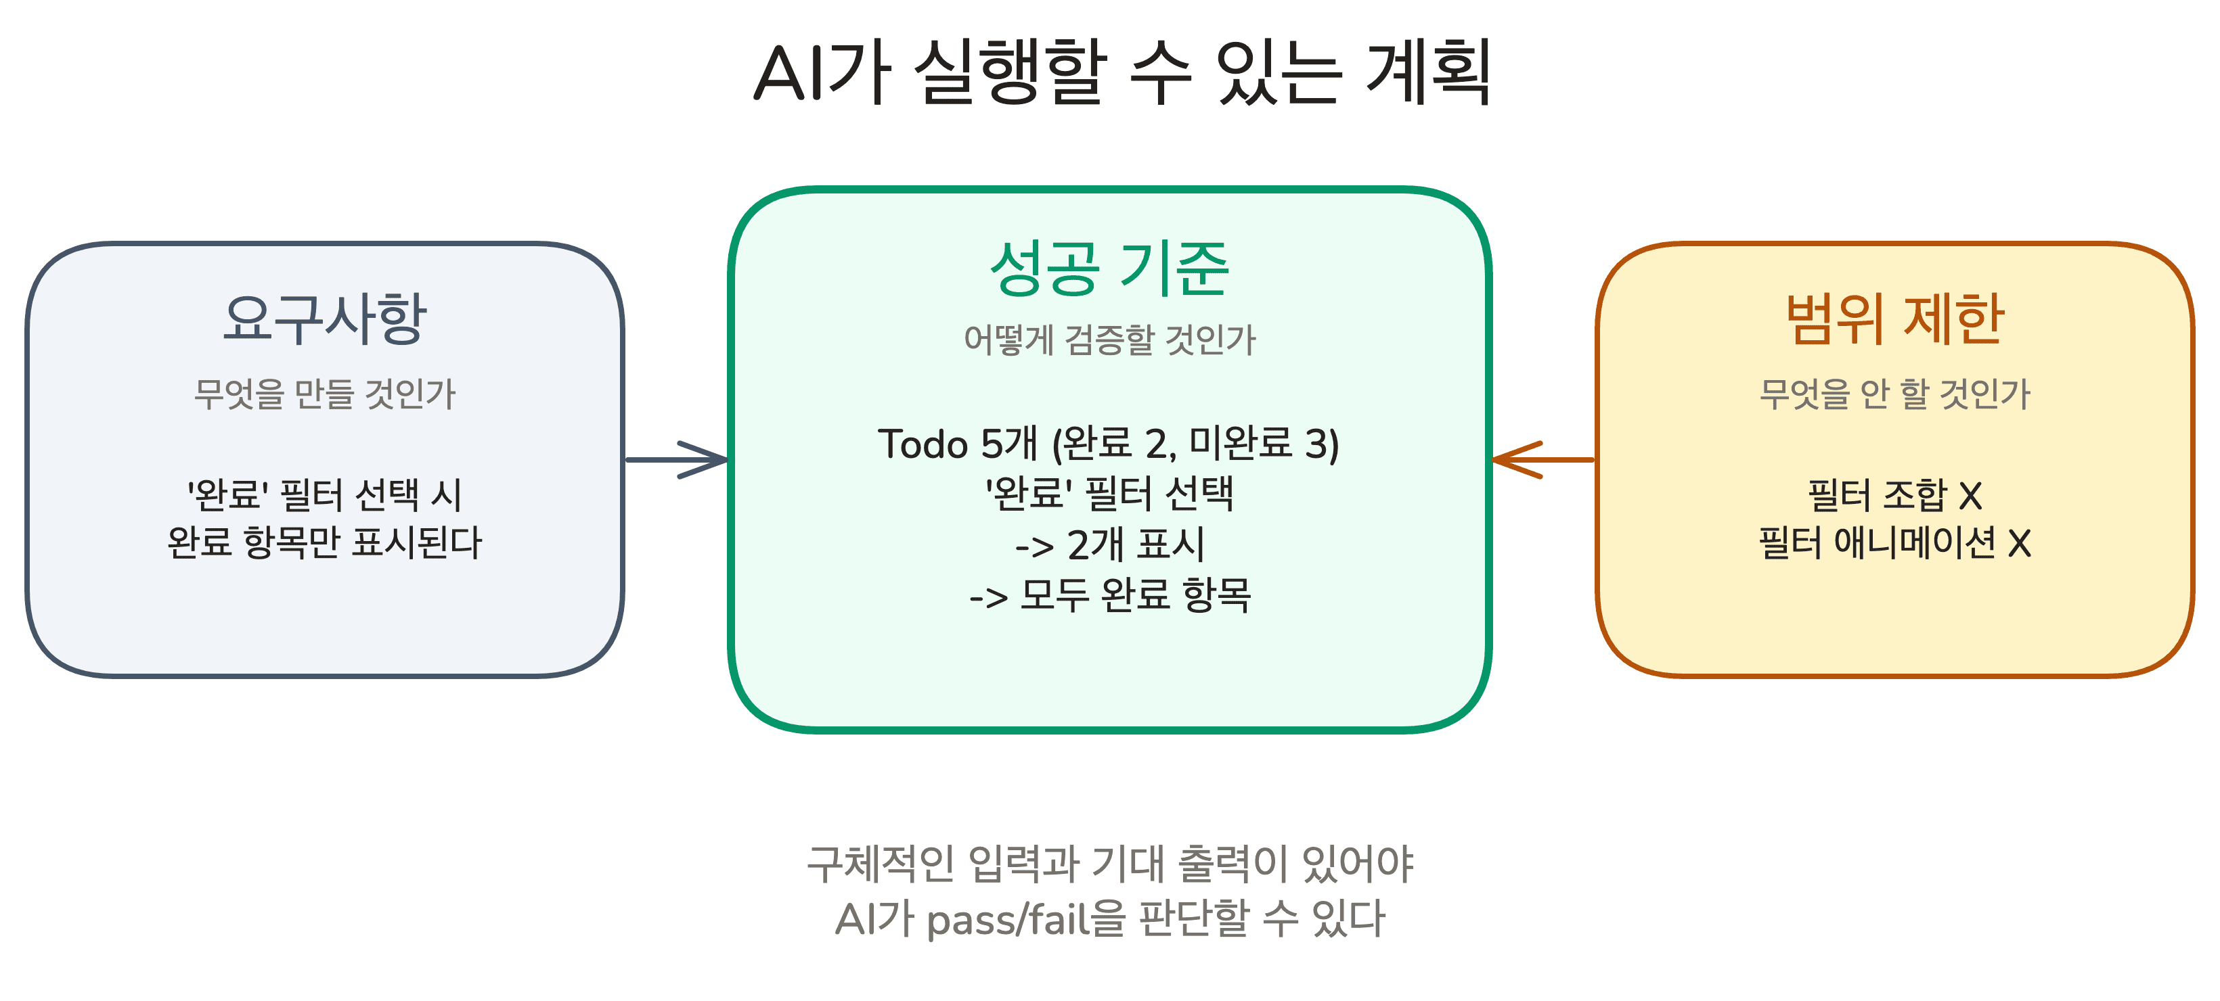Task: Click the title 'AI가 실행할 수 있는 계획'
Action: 1122,72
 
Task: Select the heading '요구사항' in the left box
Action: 324,319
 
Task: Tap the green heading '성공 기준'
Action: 1109,269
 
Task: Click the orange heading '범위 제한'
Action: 1894,319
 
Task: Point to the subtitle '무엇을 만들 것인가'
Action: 324,394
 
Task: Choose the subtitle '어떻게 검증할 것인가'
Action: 1109,340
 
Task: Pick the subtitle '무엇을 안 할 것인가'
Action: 1894,394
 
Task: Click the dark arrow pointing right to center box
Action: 678,459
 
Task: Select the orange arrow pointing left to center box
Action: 1542,459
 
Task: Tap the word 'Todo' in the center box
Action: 922,444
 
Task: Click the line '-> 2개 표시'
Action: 1109,544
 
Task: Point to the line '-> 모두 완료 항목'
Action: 1109,595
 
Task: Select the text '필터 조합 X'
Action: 1894,494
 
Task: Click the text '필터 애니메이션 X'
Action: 1894,542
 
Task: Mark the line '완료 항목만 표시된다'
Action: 324,542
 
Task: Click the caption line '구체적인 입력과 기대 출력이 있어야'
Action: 1109,863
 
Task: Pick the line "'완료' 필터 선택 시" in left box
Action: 324,494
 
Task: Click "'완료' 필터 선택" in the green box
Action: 1109,494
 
